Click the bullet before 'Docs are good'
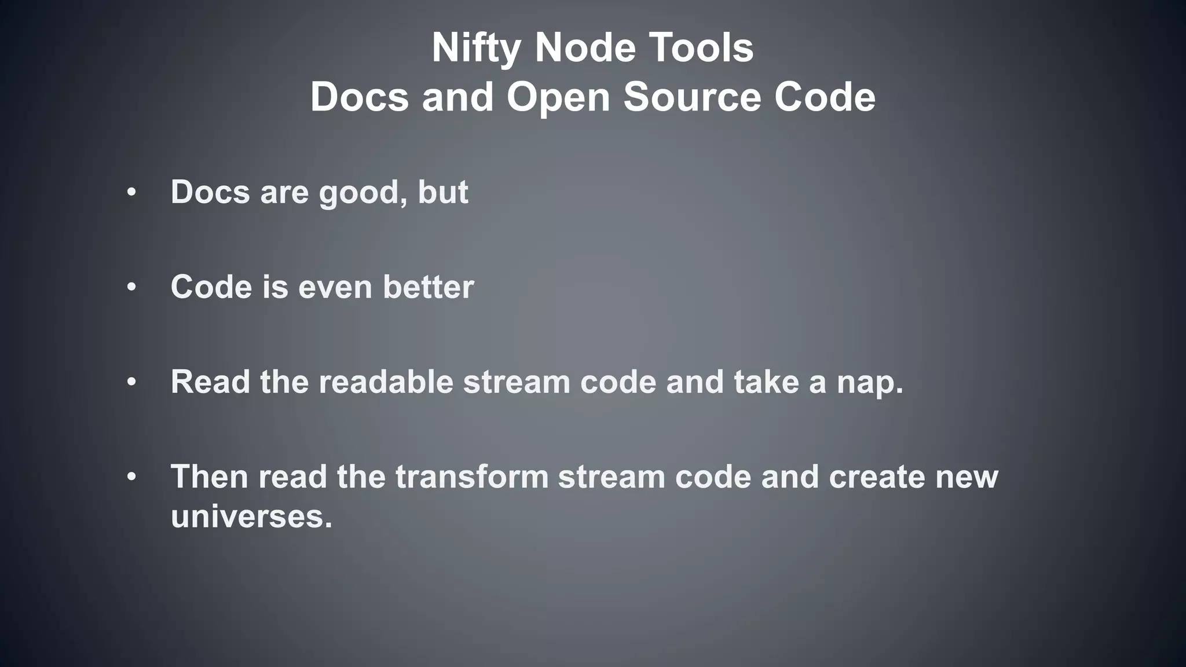131,192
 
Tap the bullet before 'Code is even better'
131,287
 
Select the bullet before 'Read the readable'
131,382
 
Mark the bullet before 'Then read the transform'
131,477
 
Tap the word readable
386,382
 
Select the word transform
471,477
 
